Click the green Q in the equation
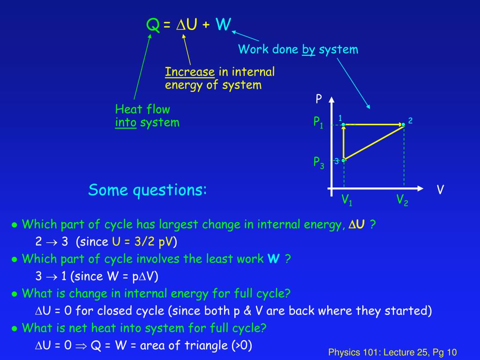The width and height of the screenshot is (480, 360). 153,24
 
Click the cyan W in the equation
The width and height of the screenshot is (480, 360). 223,24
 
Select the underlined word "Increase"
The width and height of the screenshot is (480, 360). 190,72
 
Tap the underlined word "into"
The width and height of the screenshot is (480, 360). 126,123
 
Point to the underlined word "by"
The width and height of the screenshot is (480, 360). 308,49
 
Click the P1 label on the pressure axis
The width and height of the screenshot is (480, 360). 319,123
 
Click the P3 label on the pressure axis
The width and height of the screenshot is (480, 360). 319,162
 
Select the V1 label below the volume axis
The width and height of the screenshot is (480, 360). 347,201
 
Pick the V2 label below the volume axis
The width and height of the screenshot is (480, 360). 402,200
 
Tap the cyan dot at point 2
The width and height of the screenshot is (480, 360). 403,125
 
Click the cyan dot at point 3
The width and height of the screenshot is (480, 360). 344,160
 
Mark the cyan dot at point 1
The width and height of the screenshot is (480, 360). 344,125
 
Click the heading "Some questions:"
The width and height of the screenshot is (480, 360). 148,190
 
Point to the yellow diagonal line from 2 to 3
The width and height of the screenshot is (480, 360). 374,142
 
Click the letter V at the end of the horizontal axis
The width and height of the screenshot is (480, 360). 440,190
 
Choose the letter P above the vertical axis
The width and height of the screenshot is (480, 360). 319,99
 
